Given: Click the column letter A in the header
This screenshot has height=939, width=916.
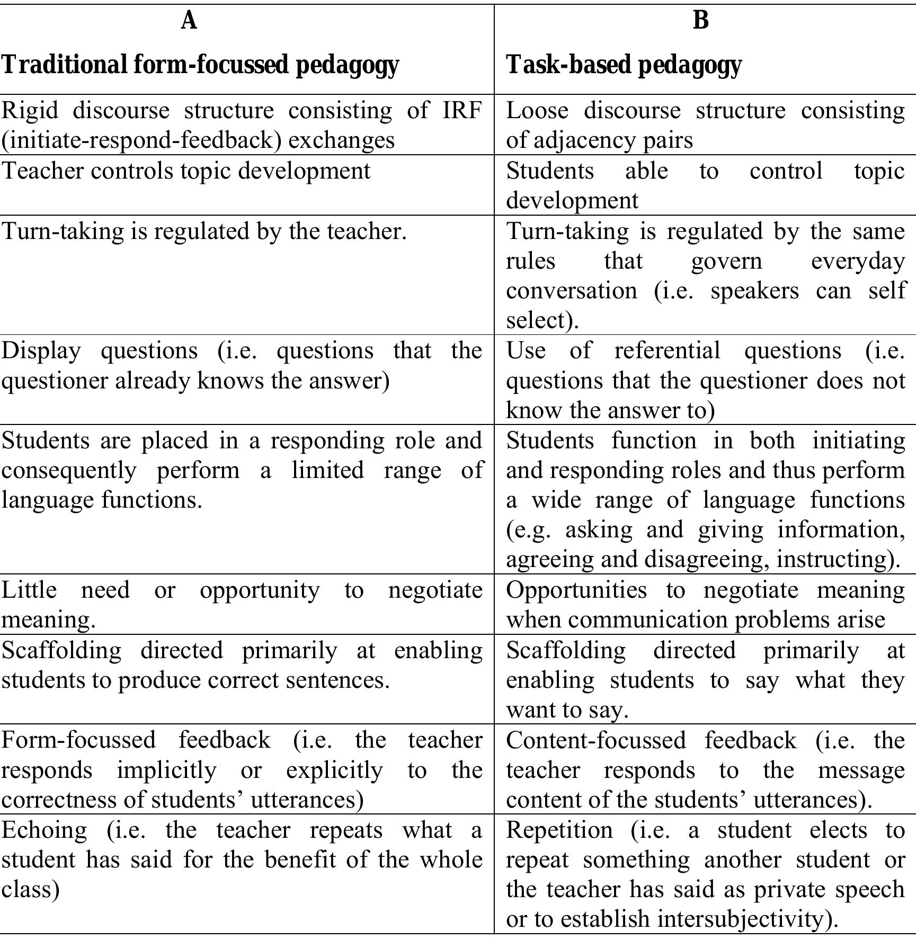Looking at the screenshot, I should point(189,21).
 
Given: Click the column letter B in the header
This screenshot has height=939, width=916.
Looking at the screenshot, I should point(700,21).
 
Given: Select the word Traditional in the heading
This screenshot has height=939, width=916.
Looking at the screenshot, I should point(64,65).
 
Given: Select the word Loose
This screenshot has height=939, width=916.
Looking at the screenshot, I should point(537,111).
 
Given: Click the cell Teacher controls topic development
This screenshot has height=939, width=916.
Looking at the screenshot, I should point(186,171).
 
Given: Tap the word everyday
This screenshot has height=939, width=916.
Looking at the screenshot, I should point(857,261).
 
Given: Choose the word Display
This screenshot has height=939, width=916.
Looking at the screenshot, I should point(41,351).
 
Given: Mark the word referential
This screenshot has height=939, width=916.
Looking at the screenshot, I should point(667,351).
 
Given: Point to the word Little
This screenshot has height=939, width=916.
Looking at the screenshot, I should point(29,590).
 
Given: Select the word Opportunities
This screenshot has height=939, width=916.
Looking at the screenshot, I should point(576,590).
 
